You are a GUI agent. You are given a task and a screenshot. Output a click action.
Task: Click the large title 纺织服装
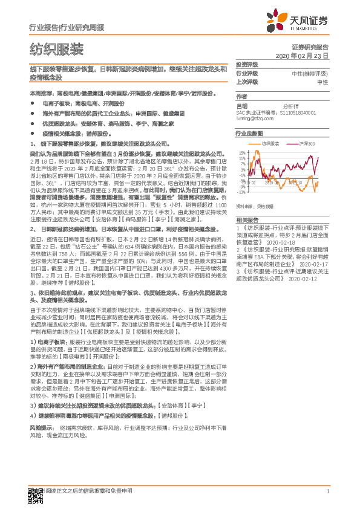[56, 48]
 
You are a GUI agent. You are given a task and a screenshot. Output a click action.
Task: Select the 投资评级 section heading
[247, 64]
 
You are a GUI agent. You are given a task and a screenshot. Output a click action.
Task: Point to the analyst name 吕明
[242, 105]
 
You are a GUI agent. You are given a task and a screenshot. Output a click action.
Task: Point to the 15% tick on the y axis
[241, 153]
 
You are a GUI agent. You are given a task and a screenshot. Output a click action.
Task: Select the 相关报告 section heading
[247, 219]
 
